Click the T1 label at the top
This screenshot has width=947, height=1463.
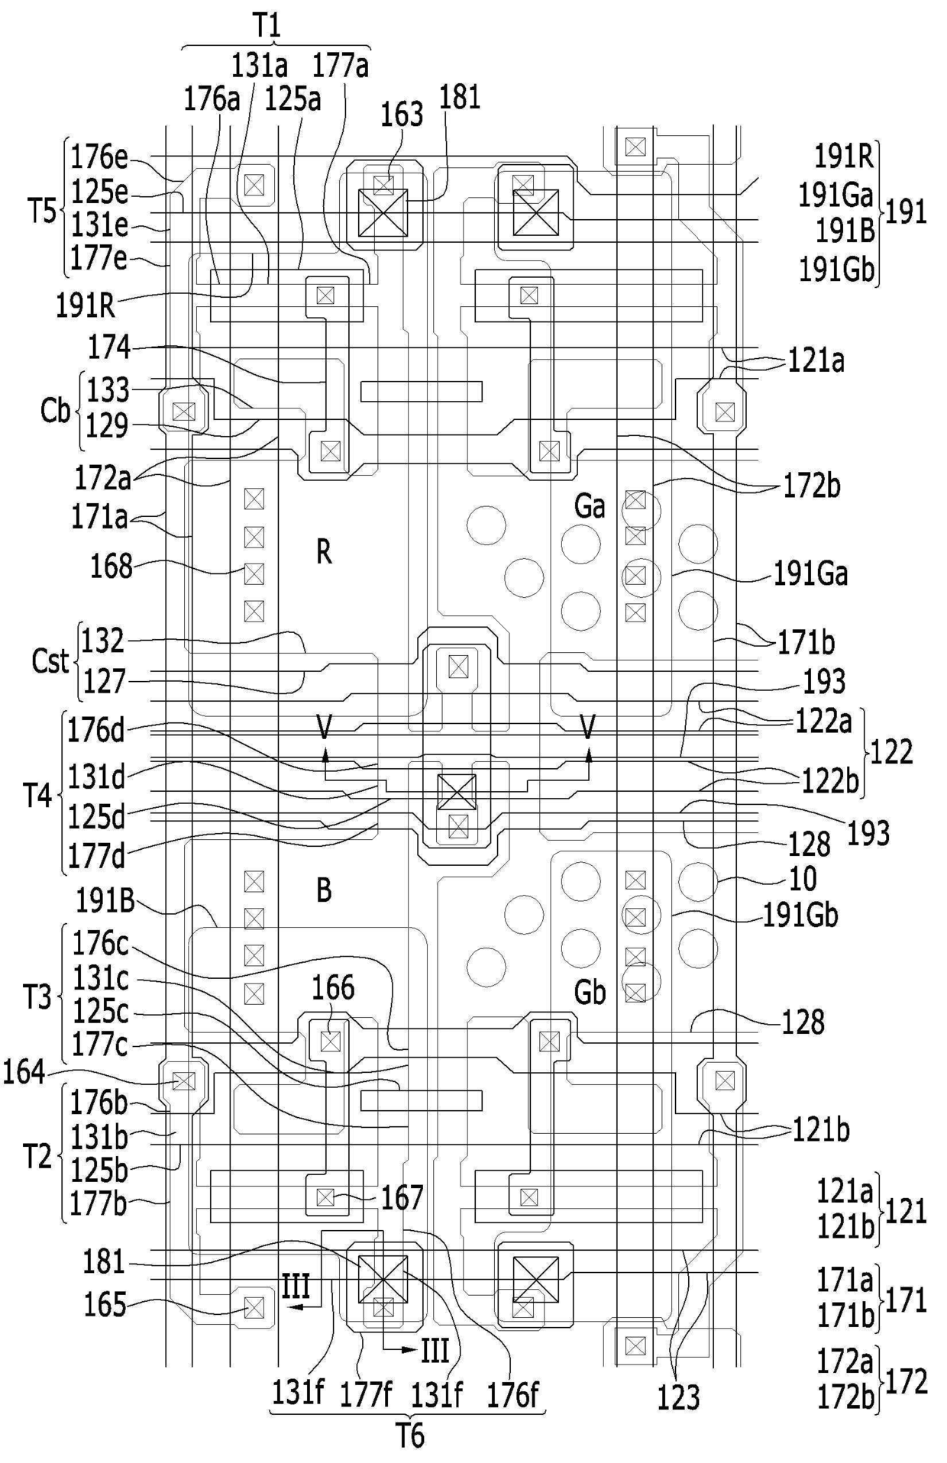click(267, 26)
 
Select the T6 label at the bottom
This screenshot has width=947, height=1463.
click(410, 1437)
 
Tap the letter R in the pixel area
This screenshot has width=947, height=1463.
click(324, 552)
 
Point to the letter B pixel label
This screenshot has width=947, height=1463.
click(324, 890)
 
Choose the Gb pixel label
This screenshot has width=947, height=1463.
click(590, 992)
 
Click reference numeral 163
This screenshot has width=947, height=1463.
click(402, 115)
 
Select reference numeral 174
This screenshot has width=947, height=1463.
click(109, 348)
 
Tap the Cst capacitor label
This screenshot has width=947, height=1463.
click(50, 660)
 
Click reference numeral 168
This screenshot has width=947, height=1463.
click(112, 567)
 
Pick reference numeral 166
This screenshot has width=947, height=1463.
click(333, 988)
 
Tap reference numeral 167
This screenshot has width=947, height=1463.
click(402, 1198)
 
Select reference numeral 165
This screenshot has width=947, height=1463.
click(105, 1305)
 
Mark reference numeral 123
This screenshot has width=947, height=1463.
click(679, 1397)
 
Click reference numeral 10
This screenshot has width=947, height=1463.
click(803, 879)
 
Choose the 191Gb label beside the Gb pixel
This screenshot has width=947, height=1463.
click(801, 915)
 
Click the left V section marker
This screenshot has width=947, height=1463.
click(325, 728)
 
